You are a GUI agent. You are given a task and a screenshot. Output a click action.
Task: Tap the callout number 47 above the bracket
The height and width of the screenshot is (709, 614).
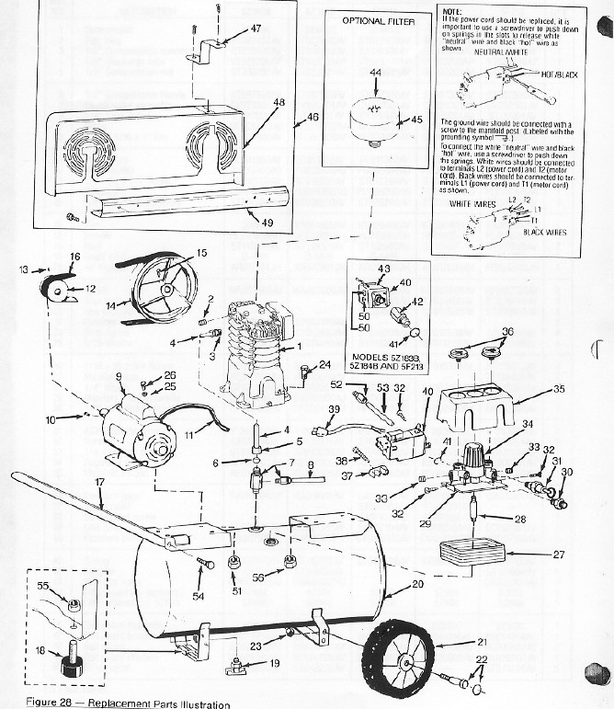(x=256, y=29)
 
